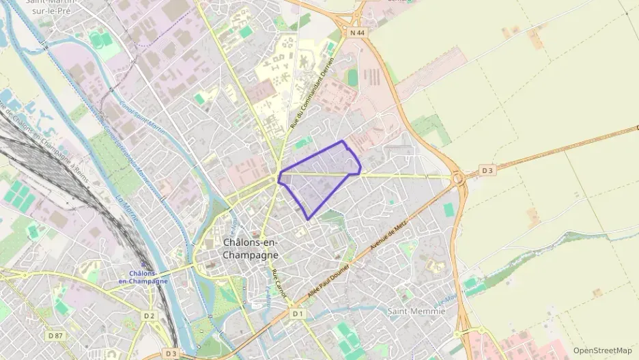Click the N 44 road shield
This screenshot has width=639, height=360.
[x=356, y=33]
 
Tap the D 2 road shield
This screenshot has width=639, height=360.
[x=150, y=316]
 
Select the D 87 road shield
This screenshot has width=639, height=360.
[x=55, y=335]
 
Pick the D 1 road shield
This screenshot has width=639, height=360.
[x=297, y=314]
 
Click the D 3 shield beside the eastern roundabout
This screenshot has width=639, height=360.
[x=487, y=169]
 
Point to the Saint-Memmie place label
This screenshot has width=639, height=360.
[x=416, y=311]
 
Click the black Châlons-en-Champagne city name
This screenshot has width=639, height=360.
[x=251, y=249]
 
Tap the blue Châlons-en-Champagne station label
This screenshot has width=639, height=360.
[x=143, y=277]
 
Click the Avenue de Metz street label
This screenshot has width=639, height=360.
[x=387, y=237]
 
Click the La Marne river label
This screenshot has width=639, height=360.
[x=127, y=209]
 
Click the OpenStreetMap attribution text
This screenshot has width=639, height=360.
[x=602, y=350]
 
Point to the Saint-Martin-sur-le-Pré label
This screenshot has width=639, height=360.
[x=51, y=6]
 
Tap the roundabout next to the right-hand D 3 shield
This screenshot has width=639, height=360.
[x=457, y=179]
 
